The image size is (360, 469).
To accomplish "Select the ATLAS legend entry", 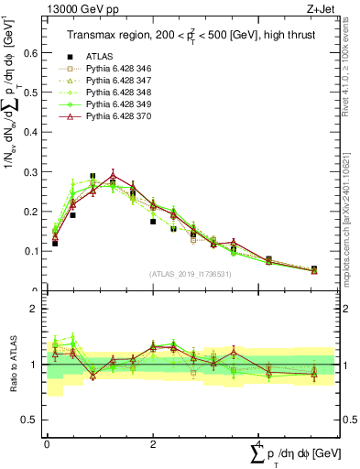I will pyautogui.click(x=104, y=57).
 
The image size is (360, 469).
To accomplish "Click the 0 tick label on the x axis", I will pyautogui.click(x=47, y=444).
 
